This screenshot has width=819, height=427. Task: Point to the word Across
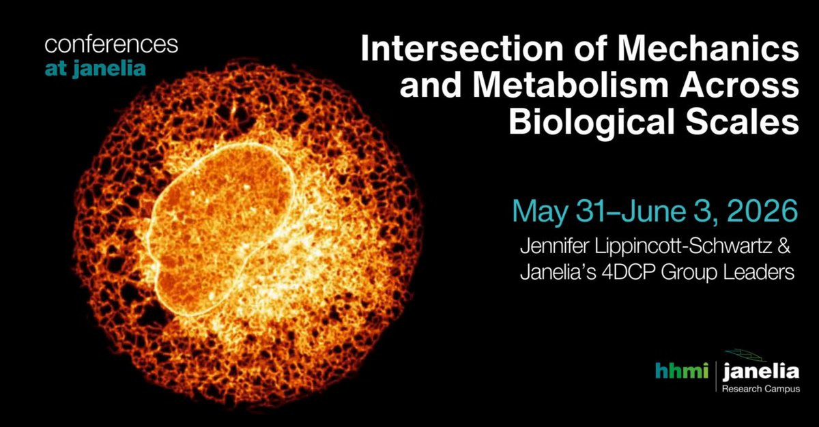(739, 86)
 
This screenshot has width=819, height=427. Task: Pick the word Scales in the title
(743, 122)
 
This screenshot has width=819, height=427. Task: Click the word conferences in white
(111, 45)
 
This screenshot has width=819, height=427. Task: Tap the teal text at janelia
(95, 68)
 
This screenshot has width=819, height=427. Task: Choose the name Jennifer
(555, 246)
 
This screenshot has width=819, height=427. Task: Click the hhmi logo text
(682, 371)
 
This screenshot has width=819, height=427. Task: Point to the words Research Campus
(761, 389)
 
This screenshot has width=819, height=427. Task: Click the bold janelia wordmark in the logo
(761, 372)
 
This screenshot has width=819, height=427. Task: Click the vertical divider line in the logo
(716, 377)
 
